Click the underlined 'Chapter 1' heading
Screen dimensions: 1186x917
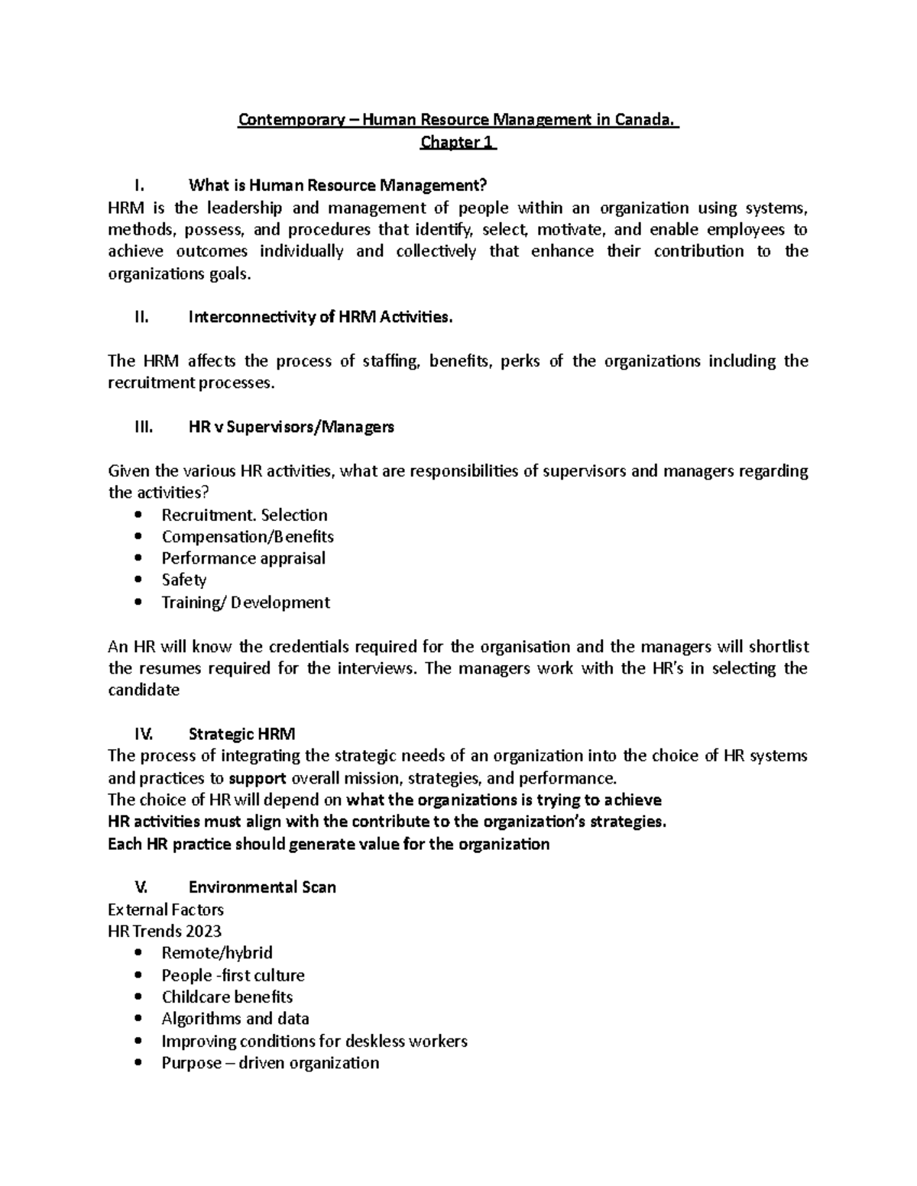pyautogui.click(x=458, y=142)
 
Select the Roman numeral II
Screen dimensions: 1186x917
pyautogui.click(x=141, y=318)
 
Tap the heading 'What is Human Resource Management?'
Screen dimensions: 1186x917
pyautogui.click(x=337, y=186)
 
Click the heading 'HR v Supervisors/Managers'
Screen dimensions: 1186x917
pyautogui.click(x=291, y=428)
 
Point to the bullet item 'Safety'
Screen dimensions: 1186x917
pyautogui.click(x=184, y=580)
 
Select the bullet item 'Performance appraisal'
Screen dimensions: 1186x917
pyautogui.click(x=243, y=558)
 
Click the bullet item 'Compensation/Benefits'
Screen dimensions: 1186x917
pyautogui.click(x=248, y=537)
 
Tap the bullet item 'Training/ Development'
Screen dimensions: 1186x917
pyautogui.click(x=245, y=603)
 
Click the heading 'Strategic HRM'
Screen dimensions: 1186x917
pyautogui.click(x=241, y=735)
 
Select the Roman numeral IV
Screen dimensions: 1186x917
pyautogui.click(x=143, y=735)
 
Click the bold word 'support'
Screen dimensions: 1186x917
pyautogui.click(x=258, y=779)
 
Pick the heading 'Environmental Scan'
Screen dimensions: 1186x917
pyautogui.click(x=262, y=887)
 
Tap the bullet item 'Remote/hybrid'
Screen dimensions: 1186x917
pyautogui.click(x=217, y=953)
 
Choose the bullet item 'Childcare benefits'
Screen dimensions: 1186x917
pyautogui.click(x=227, y=997)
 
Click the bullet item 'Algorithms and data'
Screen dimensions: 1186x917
pyautogui.click(x=235, y=1019)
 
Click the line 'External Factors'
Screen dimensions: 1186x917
pyautogui.click(x=166, y=910)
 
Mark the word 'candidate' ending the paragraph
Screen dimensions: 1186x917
pyautogui.click(x=144, y=690)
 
